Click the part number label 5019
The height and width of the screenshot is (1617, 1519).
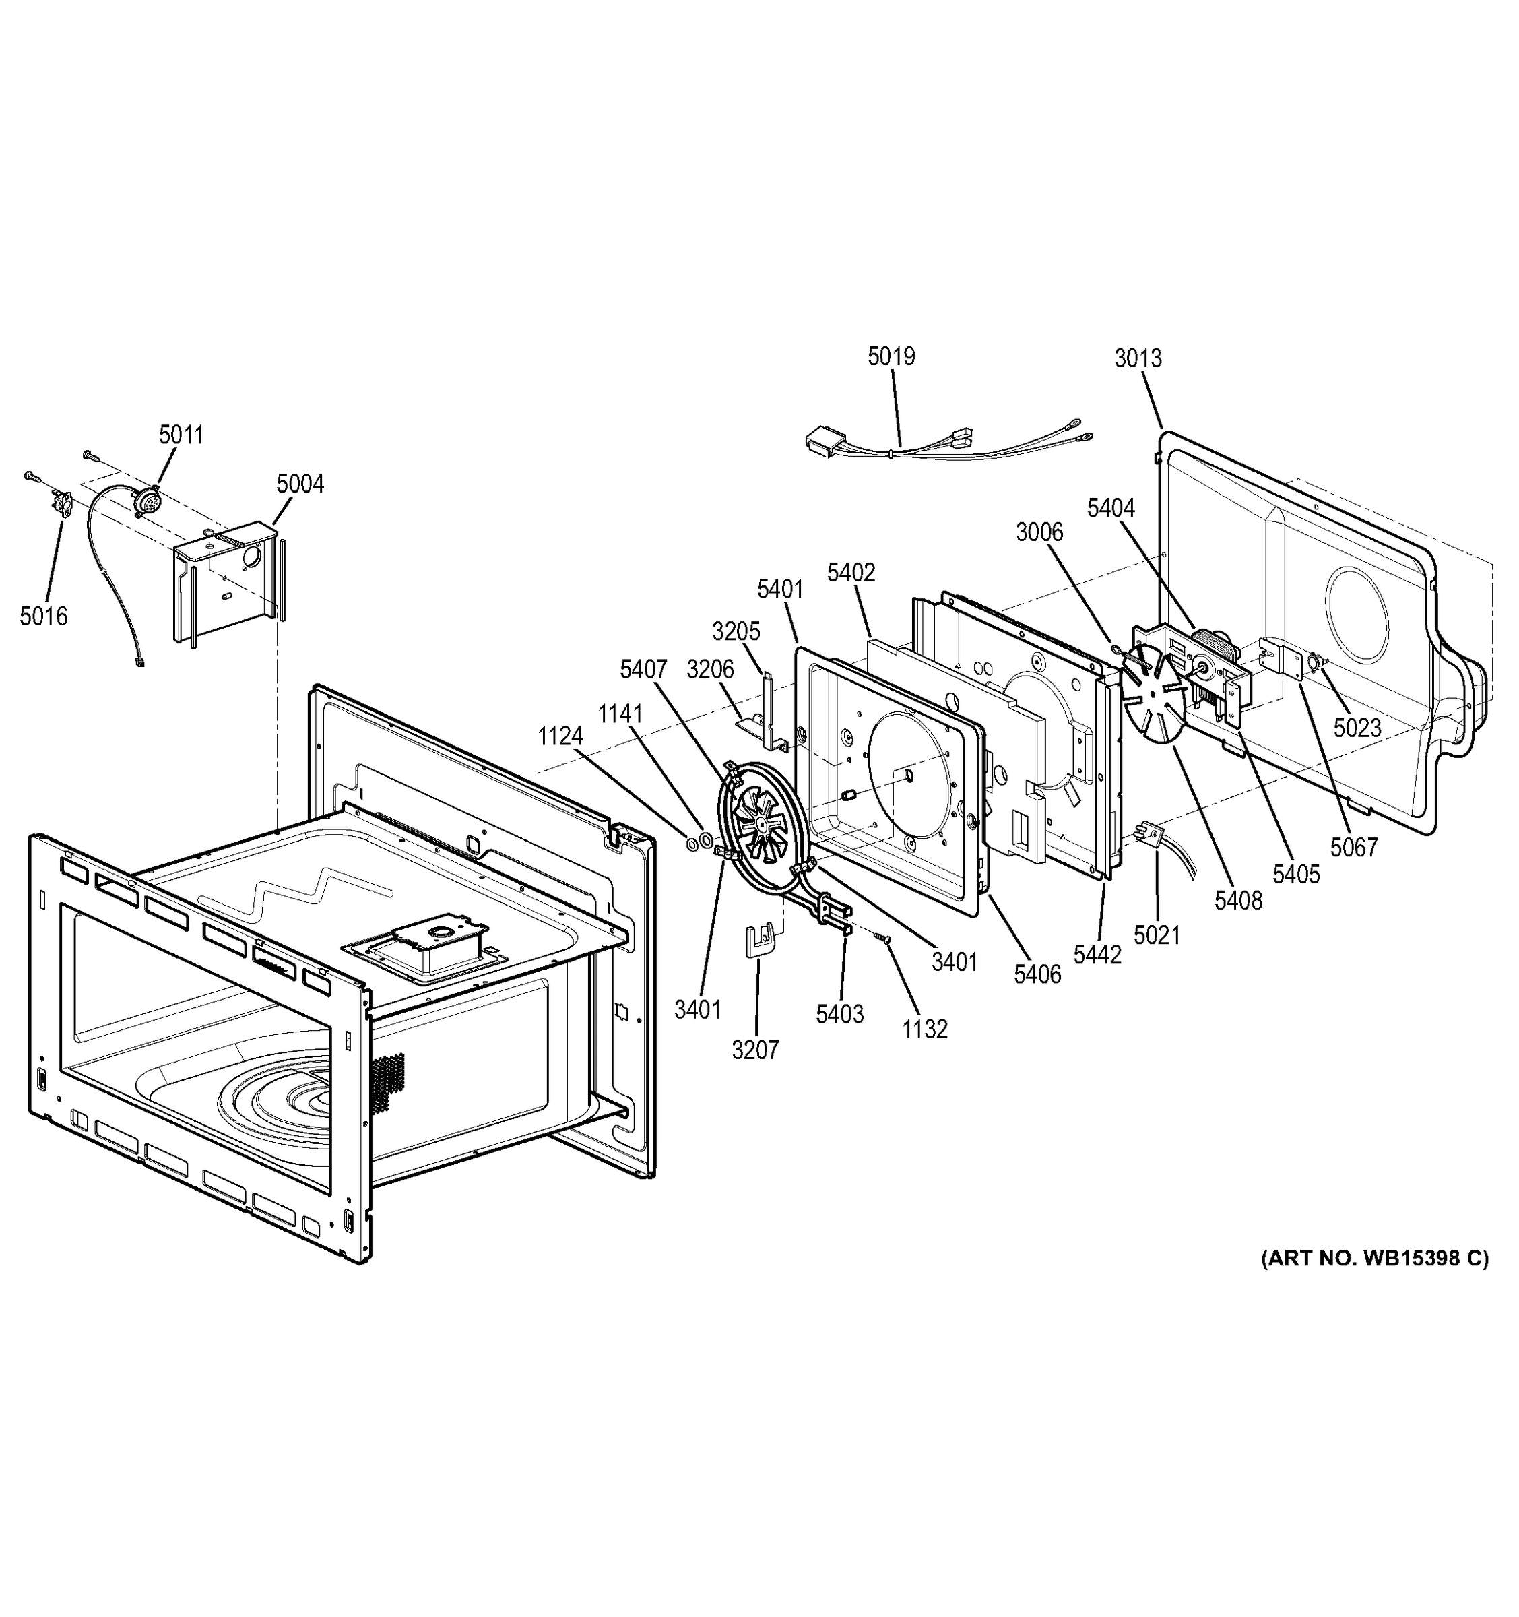coord(891,356)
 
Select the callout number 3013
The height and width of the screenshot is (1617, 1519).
coord(1138,358)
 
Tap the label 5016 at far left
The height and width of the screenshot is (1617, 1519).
coord(44,616)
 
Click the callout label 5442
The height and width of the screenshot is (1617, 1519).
coord(1097,955)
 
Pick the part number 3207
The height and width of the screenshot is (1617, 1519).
coord(754,1050)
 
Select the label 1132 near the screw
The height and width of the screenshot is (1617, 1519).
coord(925,1029)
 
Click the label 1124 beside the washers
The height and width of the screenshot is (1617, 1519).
coord(560,736)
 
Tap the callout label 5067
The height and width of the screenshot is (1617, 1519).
coord(1354,848)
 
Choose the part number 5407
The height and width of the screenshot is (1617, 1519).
coord(643,670)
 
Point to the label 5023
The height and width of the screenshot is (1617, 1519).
coord(1357,728)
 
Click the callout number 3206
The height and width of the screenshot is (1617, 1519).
coord(710,670)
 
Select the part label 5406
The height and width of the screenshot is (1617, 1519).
coord(1037,974)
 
